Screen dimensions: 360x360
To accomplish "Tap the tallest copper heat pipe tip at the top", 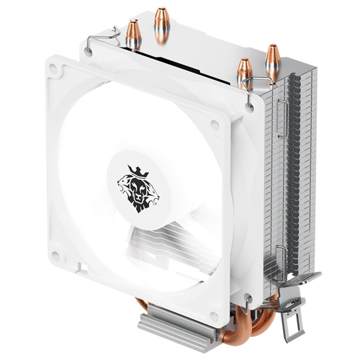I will [161, 22].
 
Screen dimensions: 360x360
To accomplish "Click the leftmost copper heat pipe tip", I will [134, 34].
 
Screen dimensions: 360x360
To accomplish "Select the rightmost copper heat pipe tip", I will [273, 60].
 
